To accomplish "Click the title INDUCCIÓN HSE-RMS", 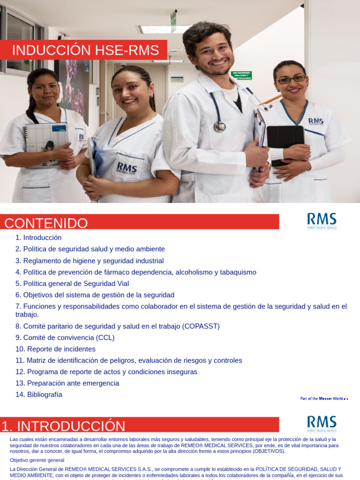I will coord(85,51).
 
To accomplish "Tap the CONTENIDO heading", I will coord(46,223).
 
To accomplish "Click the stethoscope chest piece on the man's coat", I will coord(219,127).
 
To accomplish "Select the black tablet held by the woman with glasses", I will coord(285,143).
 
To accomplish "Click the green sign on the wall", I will coord(241,75).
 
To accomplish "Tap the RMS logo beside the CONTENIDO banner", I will coord(322,221).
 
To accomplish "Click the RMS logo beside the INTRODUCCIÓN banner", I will coord(322,423).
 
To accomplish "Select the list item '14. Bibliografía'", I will coord(39,395).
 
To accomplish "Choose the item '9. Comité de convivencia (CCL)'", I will coord(65,337).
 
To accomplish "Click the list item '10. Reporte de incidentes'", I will coord(55,349).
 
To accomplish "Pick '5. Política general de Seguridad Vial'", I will coord(72,284).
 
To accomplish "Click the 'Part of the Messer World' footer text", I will coord(323,398).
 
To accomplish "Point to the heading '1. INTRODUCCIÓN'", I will coord(64,426).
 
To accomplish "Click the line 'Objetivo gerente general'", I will coord(37,460).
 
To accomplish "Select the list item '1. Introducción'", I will coord(38,238).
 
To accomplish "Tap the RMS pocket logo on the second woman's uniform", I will coord(127,168).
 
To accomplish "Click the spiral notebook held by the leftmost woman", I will coord(46,143).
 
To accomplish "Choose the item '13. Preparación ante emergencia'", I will coord(67,383).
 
